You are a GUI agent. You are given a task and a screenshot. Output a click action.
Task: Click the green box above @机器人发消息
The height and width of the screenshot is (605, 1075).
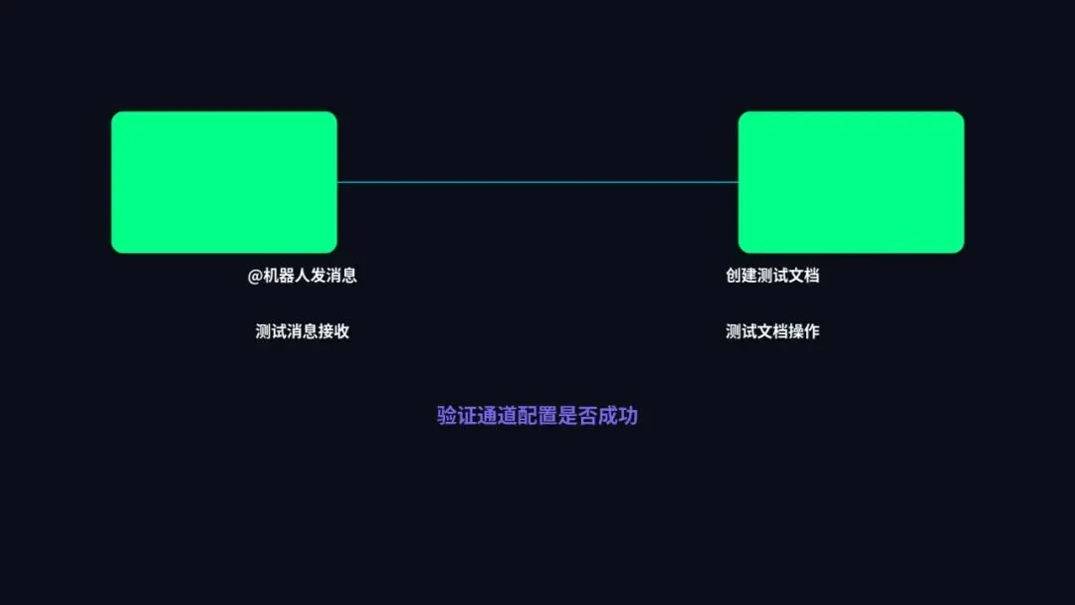tap(224, 182)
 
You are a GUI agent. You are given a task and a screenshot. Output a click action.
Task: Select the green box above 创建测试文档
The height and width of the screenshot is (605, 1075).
tap(851, 182)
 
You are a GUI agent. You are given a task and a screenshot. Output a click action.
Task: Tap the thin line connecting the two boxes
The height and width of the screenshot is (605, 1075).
tap(537, 182)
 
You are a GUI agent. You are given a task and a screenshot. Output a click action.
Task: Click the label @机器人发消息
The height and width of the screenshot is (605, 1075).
tap(303, 276)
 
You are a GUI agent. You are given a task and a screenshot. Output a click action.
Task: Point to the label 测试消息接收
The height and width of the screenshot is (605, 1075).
tap(303, 331)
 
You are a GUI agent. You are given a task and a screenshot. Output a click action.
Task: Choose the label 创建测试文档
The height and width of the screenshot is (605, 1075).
tap(772, 276)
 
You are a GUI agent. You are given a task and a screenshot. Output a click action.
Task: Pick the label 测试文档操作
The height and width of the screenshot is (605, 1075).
tap(772, 331)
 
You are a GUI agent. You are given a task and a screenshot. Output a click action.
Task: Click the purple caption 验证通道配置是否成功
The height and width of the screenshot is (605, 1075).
tap(537, 416)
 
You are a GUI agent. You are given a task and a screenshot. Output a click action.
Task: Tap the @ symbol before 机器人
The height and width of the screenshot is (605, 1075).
tap(255, 276)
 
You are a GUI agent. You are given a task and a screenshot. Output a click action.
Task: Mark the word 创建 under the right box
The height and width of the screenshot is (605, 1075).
tap(742, 276)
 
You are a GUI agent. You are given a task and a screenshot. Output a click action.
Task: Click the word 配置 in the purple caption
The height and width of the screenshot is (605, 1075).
tap(537, 416)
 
